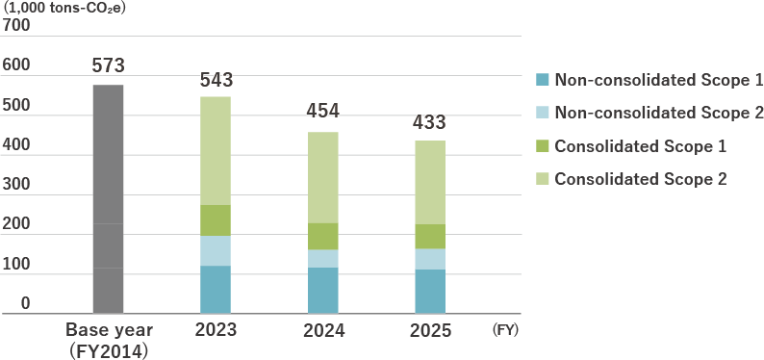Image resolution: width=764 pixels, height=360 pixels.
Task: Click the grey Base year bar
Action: (108, 198)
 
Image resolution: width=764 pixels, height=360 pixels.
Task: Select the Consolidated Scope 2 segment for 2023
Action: (216, 150)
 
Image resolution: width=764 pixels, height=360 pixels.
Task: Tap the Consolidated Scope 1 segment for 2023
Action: (216, 220)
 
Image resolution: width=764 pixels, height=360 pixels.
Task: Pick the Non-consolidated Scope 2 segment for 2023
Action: (216, 250)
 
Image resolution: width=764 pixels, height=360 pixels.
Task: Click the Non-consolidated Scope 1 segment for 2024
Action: (322, 290)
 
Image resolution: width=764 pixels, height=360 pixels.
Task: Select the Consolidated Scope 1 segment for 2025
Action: (429, 237)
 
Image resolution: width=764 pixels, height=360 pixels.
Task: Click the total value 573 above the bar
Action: (108, 66)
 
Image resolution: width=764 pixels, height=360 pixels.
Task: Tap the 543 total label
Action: (216, 80)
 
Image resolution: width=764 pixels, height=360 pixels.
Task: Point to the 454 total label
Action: (322, 111)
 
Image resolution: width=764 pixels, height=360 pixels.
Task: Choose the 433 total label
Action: (429, 123)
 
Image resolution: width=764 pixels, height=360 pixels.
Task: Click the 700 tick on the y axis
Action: (17, 26)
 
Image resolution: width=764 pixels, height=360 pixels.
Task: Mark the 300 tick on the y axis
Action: (17, 185)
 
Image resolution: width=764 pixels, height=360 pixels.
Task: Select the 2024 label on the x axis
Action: (322, 330)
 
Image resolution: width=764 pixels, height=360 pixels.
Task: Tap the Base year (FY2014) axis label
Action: (108, 340)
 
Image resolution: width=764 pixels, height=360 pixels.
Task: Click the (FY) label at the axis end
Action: (505, 330)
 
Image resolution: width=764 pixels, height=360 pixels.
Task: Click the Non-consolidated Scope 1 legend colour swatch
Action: (543, 79)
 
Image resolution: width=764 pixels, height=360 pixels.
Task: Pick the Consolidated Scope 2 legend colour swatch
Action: (543, 179)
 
